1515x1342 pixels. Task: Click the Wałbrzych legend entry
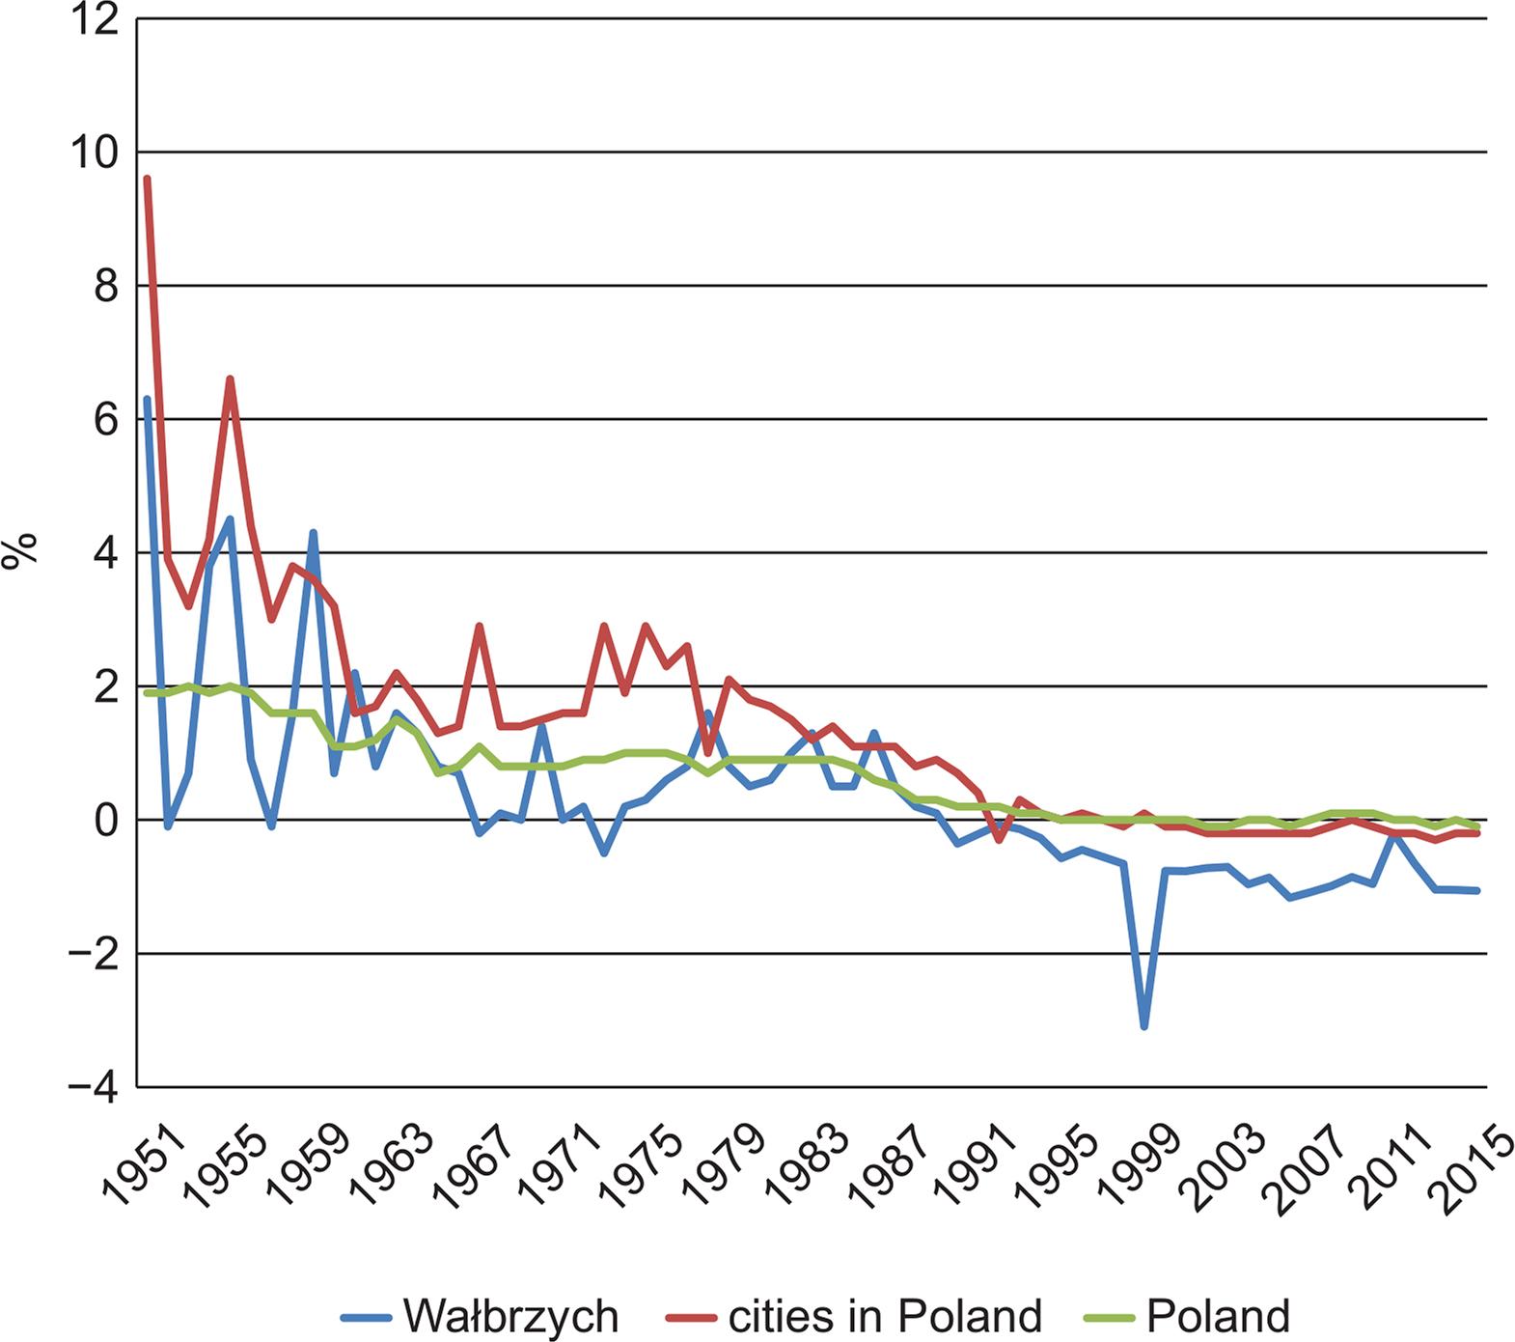[x=510, y=1316]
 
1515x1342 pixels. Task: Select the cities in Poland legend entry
[x=884, y=1316]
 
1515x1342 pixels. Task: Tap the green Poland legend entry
[x=1217, y=1316]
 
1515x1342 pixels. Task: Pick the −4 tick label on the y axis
[x=94, y=1088]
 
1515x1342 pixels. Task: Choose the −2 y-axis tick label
[x=94, y=954]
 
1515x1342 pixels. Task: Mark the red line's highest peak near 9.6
[x=147, y=179]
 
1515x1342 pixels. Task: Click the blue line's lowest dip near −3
[x=1144, y=1027]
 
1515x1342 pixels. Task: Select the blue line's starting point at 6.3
[x=147, y=399]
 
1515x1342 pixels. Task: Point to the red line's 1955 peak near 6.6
[x=230, y=378]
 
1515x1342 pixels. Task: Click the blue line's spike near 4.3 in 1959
[x=313, y=532]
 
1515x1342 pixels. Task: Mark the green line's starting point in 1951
[x=147, y=693]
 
